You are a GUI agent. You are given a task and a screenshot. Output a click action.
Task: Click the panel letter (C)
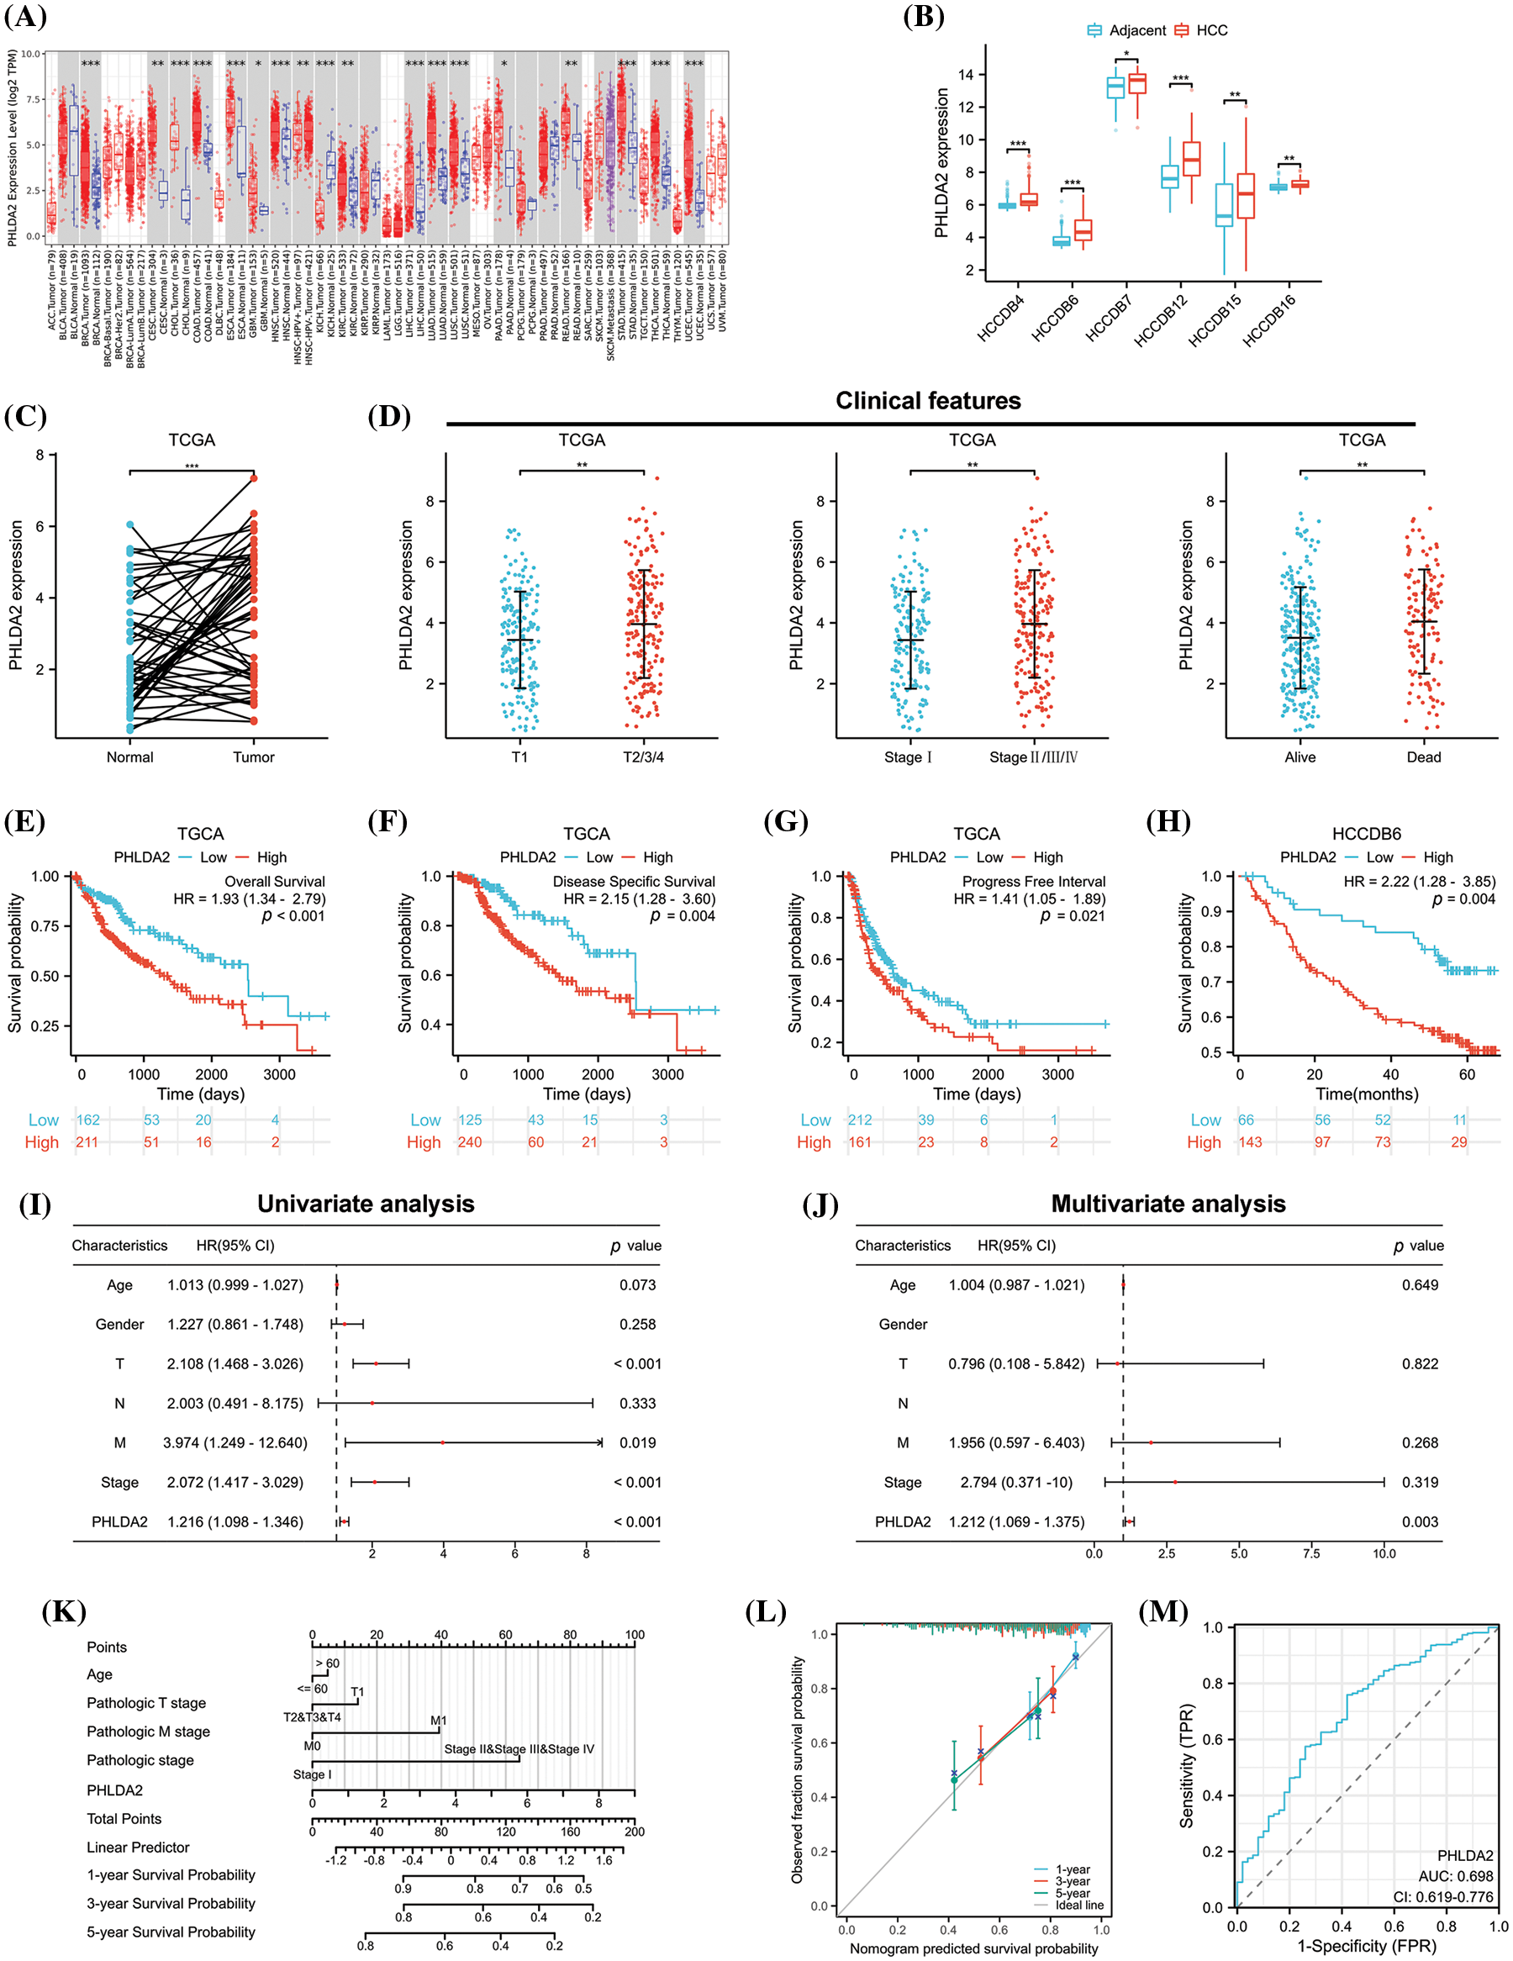click(x=25, y=416)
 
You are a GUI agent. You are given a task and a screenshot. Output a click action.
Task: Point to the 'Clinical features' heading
click(x=928, y=400)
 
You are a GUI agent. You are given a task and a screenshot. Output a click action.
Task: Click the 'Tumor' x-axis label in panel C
click(x=253, y=757)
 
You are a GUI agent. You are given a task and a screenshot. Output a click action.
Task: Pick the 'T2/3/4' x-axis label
click(x=643, y=757)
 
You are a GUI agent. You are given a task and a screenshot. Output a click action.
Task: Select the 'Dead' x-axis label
click(x=1423, y=757)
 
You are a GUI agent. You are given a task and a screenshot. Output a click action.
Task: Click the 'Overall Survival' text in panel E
click(x=274, y=882)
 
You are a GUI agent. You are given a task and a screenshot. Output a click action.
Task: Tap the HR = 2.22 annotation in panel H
click(x=1419, y=882)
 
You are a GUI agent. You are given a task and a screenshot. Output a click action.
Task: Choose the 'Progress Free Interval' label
click(x=1034, y=882)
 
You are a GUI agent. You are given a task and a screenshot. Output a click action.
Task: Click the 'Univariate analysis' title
click(x=366, y=1204)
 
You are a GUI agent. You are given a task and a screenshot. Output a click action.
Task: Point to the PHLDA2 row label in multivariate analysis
click(x=903, y=1522)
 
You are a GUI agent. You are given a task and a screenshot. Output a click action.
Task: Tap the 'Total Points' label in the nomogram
click(x=124, y=1819)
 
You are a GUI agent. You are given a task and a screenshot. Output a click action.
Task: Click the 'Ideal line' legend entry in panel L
click(x=1079, y=1906)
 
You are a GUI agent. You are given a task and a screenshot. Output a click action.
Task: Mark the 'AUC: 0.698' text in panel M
click(x=1456, y=1877)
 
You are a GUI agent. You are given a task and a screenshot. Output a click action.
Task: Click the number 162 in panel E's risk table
click(x=88, y=1120)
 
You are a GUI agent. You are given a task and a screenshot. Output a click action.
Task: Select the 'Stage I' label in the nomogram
click(x=312, y=1774)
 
